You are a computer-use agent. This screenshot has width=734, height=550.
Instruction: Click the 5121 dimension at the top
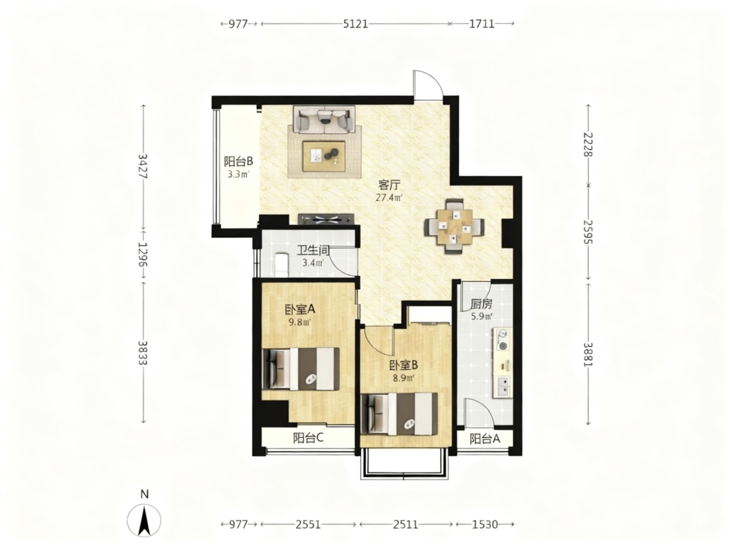pos(355,24)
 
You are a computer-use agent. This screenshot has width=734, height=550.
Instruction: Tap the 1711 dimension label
pos(482,24)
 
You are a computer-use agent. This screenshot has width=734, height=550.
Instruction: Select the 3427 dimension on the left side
pos(143,166)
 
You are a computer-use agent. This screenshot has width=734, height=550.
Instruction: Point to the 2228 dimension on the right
pos(588,144)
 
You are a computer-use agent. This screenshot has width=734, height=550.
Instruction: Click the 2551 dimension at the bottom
pos(308,525)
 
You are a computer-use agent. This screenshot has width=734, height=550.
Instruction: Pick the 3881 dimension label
pos(588,354)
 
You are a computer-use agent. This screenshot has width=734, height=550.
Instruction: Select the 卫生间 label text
pos(313,250)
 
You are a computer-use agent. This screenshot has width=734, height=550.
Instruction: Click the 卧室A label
pos(300,309)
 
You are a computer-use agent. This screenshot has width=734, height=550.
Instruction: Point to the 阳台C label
pos(308,438)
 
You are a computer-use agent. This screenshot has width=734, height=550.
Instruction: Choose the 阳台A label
pos(485,439)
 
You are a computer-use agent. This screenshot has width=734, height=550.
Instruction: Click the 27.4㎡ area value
pos(388,198)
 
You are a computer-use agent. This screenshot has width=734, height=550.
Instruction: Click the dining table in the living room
pos(455,226)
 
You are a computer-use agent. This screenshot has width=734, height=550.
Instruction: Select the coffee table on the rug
pos(324,156)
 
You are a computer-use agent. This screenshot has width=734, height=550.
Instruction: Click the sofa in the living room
pos(324,120)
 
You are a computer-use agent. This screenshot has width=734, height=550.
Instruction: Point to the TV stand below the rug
pos(326,219)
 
